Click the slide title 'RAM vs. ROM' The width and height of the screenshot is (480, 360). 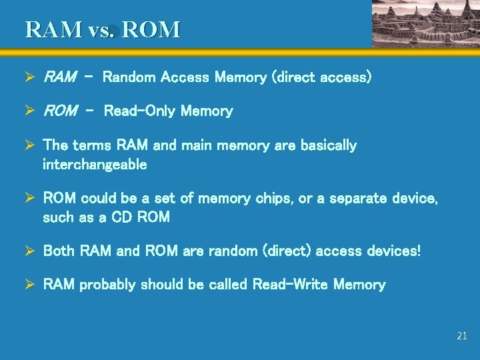103,30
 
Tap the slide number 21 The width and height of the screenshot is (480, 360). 462,336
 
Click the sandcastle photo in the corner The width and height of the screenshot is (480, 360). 425,23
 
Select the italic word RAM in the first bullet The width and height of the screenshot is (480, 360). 59,77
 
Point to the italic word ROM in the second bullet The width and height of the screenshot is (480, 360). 60,111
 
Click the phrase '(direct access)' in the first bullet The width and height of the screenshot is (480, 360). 321,77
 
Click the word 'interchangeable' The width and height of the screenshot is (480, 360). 95,164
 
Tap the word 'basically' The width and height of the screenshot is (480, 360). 329,145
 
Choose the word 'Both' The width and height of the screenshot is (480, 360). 59,251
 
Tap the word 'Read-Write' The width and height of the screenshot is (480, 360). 290,285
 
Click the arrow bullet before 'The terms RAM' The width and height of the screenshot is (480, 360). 30,145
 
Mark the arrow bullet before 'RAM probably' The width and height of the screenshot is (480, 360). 30,285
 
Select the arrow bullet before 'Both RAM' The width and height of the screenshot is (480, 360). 30,251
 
